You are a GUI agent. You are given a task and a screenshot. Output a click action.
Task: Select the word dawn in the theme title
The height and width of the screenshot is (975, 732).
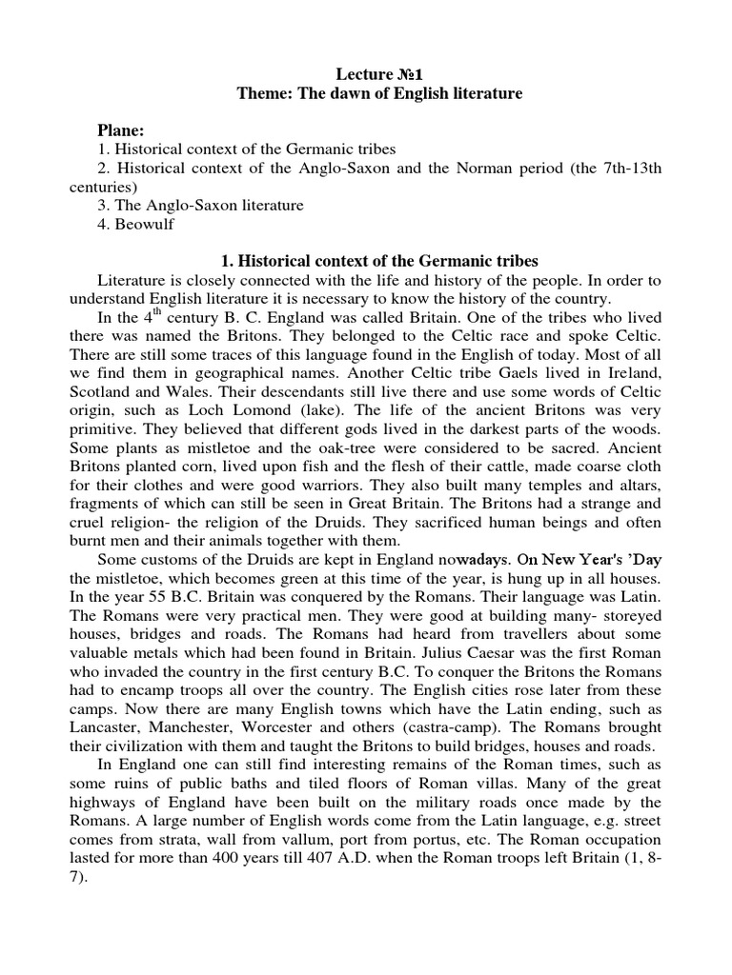point(335,93)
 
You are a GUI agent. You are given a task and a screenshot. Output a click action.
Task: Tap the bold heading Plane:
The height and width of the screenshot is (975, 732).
point(122,130)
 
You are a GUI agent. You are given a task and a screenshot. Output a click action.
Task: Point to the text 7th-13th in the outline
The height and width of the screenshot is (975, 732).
point(629,168)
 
